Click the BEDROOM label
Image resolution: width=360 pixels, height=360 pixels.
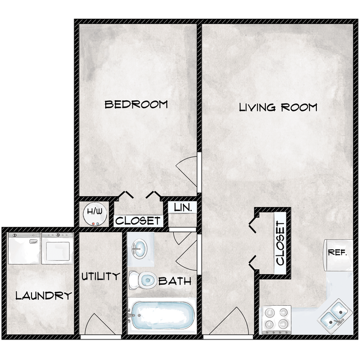[x=136, y=104]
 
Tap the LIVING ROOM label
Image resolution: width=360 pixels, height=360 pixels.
[x=278, y=107]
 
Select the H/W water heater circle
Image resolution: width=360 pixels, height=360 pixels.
[x=94, y=214]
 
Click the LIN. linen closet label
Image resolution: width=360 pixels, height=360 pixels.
[x=182, y=208]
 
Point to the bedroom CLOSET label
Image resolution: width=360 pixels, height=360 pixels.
[x=138, y=220]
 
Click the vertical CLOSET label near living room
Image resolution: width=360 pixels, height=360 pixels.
[x=280, y=243]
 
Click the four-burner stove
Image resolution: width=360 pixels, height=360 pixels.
[x=276, y=318]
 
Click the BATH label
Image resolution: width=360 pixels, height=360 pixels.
[x=175, y=281]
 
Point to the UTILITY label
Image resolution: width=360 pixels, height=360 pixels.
[x=100, y=276]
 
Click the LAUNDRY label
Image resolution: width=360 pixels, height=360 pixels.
[x=43, y=296]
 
